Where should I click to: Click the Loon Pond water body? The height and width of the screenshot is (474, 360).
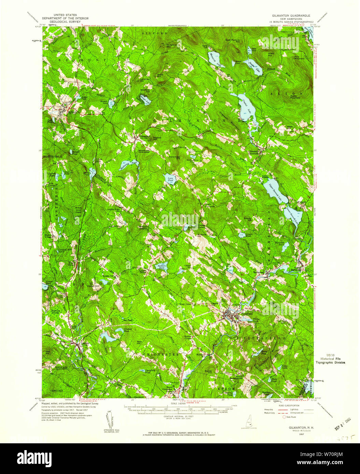point(170,179)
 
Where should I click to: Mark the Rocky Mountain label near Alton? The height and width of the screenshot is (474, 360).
point(295,97)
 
